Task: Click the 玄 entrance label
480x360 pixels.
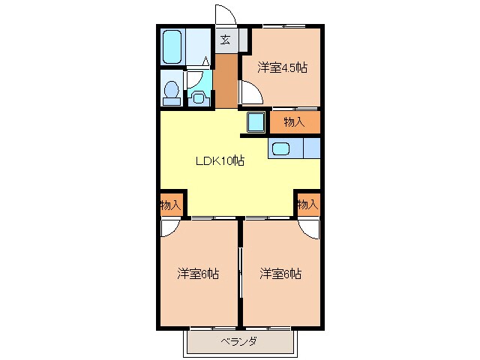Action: (x=225, y=40)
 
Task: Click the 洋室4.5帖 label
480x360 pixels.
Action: (x=282, y=67)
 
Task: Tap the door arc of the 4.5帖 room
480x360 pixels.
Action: (x=250, y=94)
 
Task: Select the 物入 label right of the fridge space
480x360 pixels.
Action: (x=293, y=121)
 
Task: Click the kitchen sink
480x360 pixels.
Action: (x=283, y=148)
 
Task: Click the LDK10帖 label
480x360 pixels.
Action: (x=220, y=160)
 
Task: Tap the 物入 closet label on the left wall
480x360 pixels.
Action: (x=170, y=204)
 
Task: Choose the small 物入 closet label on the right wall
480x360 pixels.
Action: (x=307, y=204)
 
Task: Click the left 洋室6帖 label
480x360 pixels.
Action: (x=198, y=274)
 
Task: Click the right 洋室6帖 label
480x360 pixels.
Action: (x=280, y=274)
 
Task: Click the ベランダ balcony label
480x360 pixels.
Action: (x=239, y=342)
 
